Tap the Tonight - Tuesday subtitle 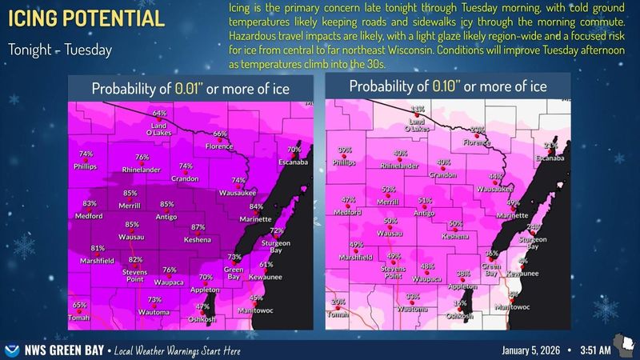point(60,50)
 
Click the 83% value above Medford point(90,204)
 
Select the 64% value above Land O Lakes point(159,114)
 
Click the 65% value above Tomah point(79,305)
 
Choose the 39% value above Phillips point(346,150)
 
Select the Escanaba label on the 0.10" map point(550,159)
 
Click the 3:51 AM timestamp point(595,350)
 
